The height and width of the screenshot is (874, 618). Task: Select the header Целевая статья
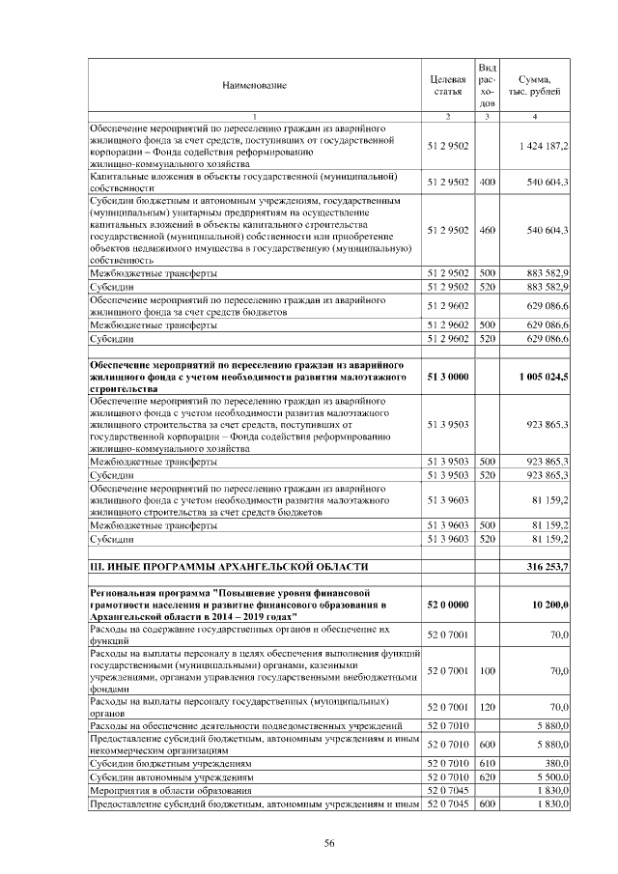pyautogui.click(x=447, y=85)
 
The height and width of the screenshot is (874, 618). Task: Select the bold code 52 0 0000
pyautogui.click(x=447, y=604)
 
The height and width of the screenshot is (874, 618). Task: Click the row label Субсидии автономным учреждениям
pyautogui.click(x=171, y=775)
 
